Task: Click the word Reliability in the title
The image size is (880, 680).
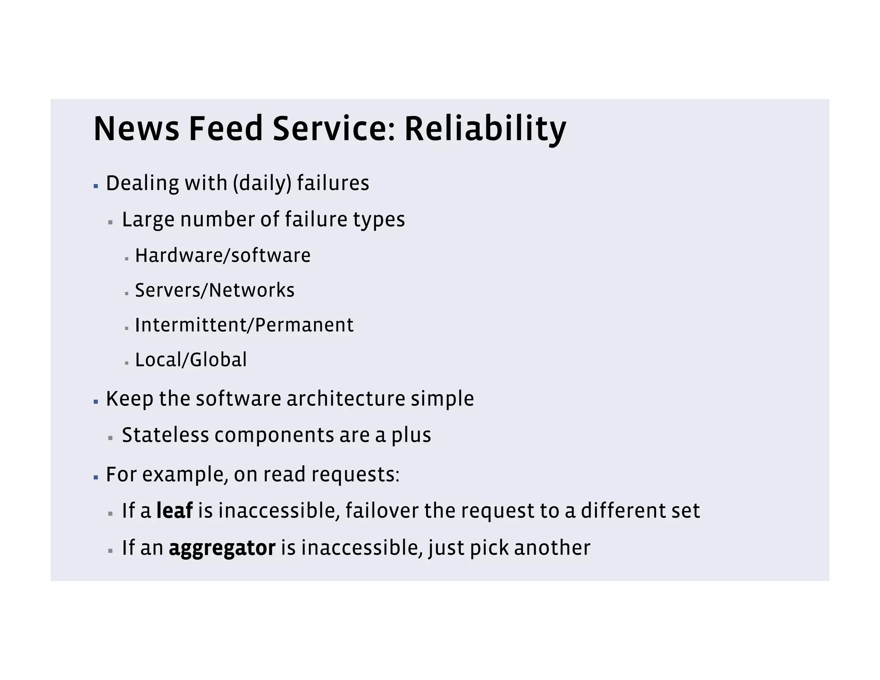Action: point(485,129)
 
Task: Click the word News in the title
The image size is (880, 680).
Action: point(136,129)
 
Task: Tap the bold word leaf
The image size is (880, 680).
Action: point(174,511)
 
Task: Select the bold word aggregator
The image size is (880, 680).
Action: point(222,548)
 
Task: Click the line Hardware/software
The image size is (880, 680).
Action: point(223,256)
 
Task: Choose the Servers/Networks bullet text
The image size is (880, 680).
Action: point(215,291)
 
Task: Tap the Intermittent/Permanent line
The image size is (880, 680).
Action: point(244,325)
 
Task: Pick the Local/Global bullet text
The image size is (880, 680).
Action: point(191,360)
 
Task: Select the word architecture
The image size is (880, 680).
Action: point(345,398)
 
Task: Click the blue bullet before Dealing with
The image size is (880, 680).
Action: point(96,187)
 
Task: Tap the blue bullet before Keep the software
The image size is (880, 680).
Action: point(96,402)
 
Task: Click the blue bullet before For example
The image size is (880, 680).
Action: point(96,478)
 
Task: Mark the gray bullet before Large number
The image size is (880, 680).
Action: point(110,223)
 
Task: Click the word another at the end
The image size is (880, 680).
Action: point(552,548)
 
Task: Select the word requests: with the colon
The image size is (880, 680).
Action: point(355,475)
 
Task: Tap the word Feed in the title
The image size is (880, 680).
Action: point(226,129)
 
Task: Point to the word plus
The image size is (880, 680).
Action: point(411,435)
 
